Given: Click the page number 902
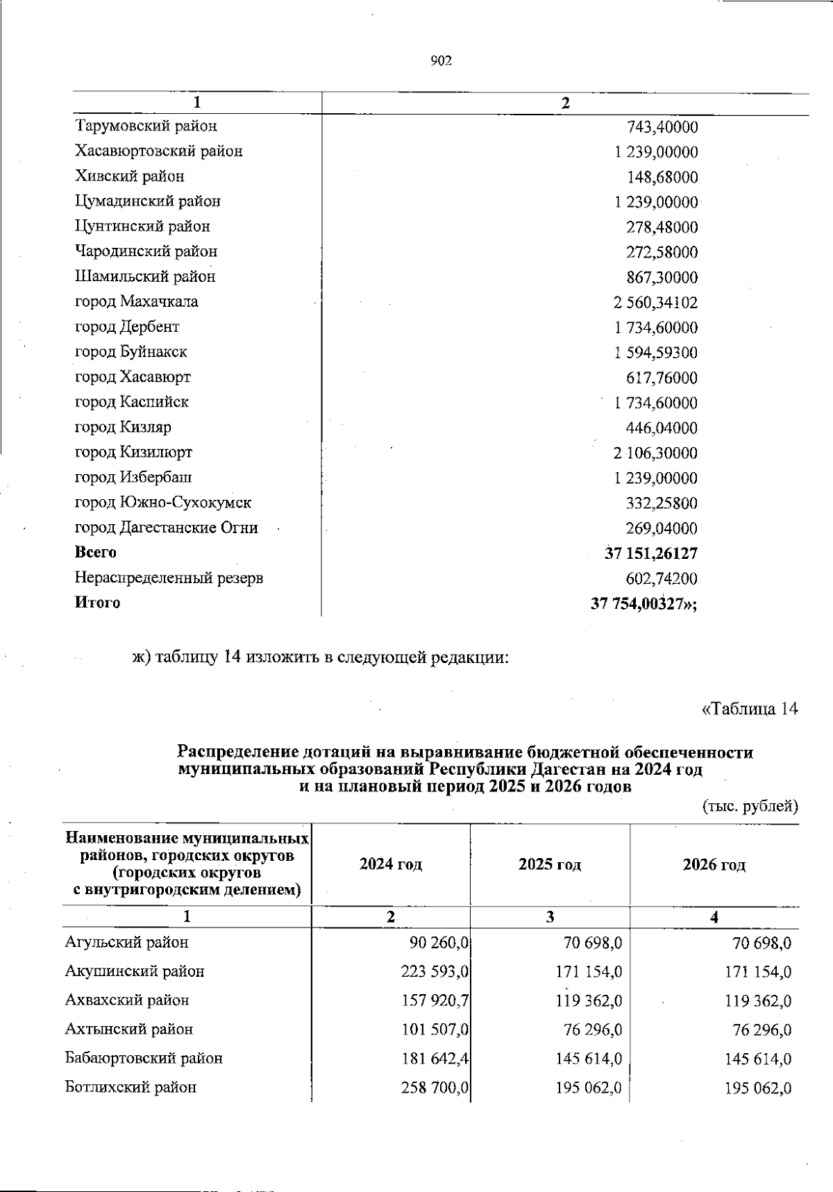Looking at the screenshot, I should tap(441, 62).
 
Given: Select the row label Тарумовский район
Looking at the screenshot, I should tap(146, 126).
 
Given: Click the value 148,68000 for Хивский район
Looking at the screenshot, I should tap(662, 178).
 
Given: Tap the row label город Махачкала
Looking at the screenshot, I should tap(137, 302).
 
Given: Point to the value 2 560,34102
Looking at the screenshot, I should tap(655, 303).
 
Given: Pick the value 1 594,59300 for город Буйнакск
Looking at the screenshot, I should tap(655, 353).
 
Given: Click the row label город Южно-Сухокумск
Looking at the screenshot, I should tap(163, 503).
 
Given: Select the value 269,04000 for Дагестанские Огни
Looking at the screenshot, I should tap(662, 529).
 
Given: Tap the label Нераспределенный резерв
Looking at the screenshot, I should tap(169, 578).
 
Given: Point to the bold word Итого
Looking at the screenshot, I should tap(97, 603).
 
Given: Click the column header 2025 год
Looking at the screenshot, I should tap(549, 865).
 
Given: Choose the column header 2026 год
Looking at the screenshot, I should tap(714, 865).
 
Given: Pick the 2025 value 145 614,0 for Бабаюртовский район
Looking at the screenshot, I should tap(589, 1059).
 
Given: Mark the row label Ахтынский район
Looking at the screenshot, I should tap(129, 1030).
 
